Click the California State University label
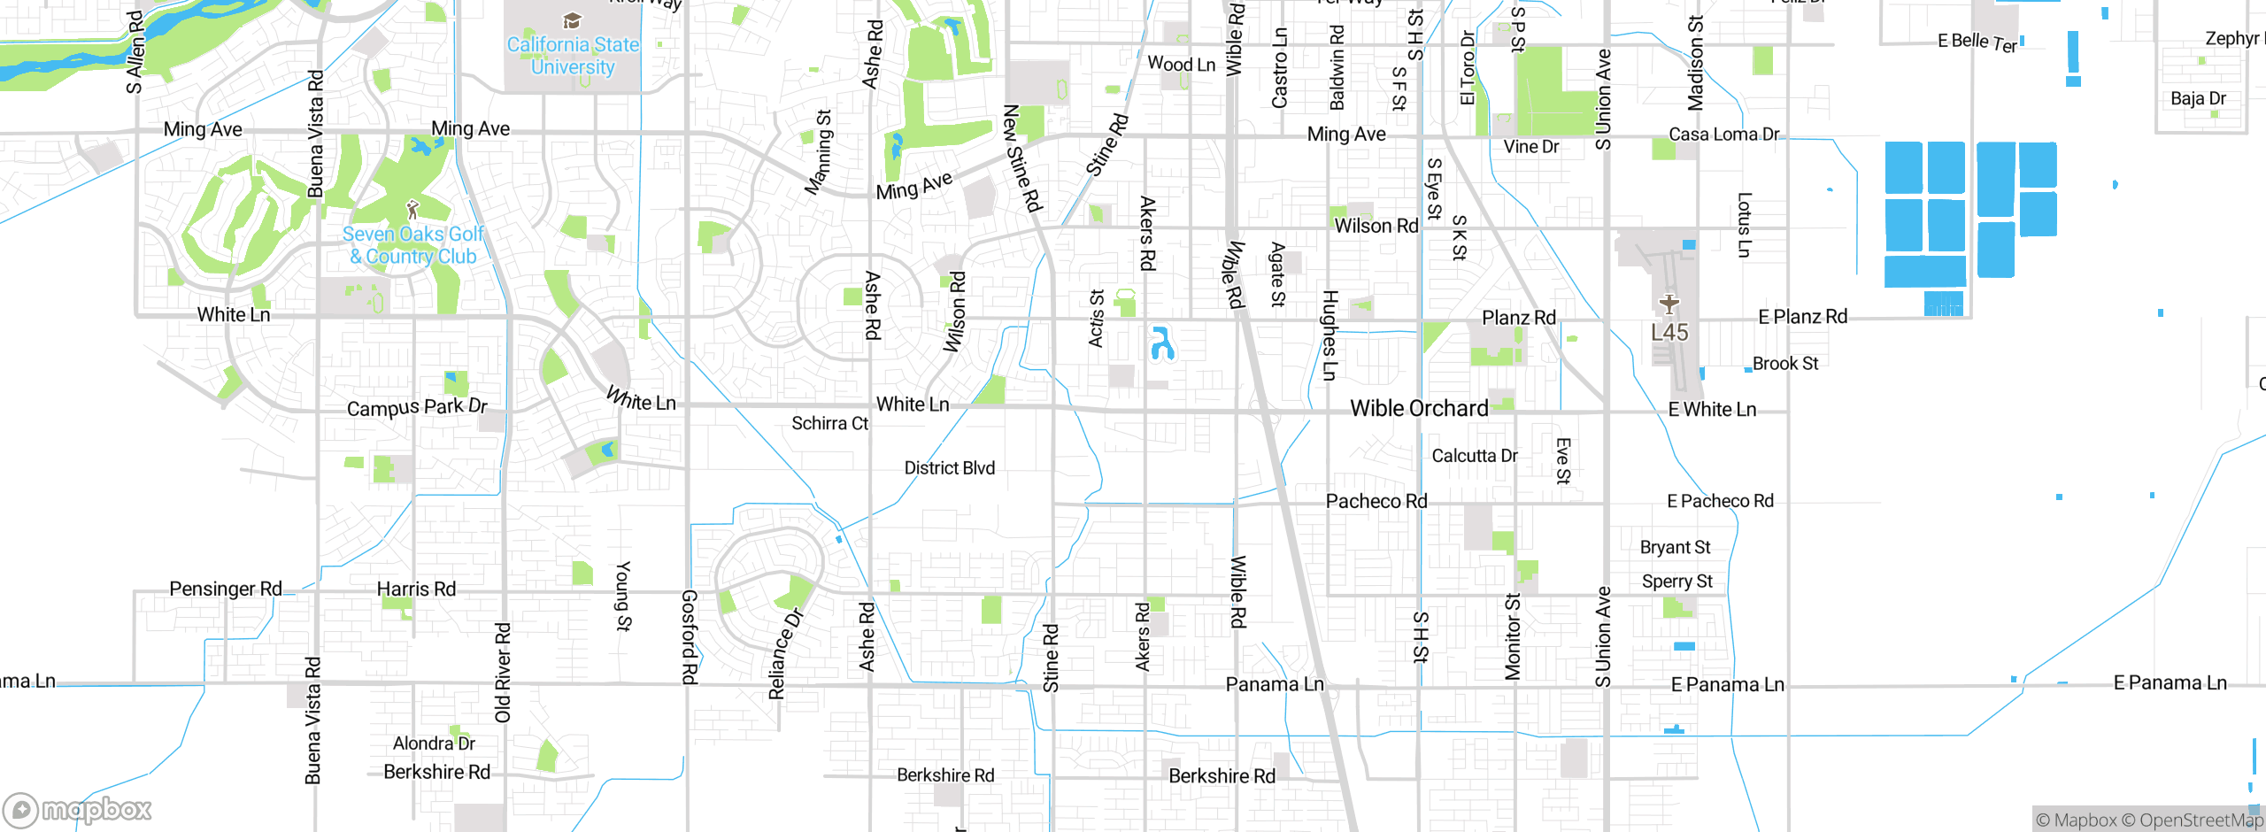coord(573,56)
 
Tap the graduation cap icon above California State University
coord(572,20)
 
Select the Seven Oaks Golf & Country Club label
coord(412,245)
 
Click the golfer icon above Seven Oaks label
coord(412,210)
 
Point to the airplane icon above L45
coord(1669,304)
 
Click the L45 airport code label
coord(1669,333)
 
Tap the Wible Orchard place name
coord(1419,408)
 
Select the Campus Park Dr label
coord(417,407)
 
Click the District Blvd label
coord(949,467)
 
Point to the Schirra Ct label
coord(829,423)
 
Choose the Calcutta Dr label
coord(1475,456)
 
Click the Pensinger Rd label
coord(226,589)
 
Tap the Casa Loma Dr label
coord(1723,135)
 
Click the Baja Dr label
coord(2198,98)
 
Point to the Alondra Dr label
coord(434,743)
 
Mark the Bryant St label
coord(1675,547)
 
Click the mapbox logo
coord(78,809)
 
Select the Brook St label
coord(1784,364)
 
